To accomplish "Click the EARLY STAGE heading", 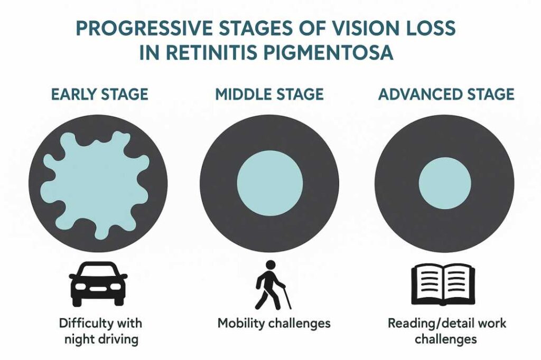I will click(x=99, y=94).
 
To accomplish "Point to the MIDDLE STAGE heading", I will click(x=269, y=94).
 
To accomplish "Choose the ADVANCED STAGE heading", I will click(x=446, y=94).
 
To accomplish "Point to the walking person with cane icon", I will click(x=270, y=285).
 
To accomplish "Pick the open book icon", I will click(x=443, y=285).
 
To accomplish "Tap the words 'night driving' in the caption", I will click(x=101, y=338).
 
